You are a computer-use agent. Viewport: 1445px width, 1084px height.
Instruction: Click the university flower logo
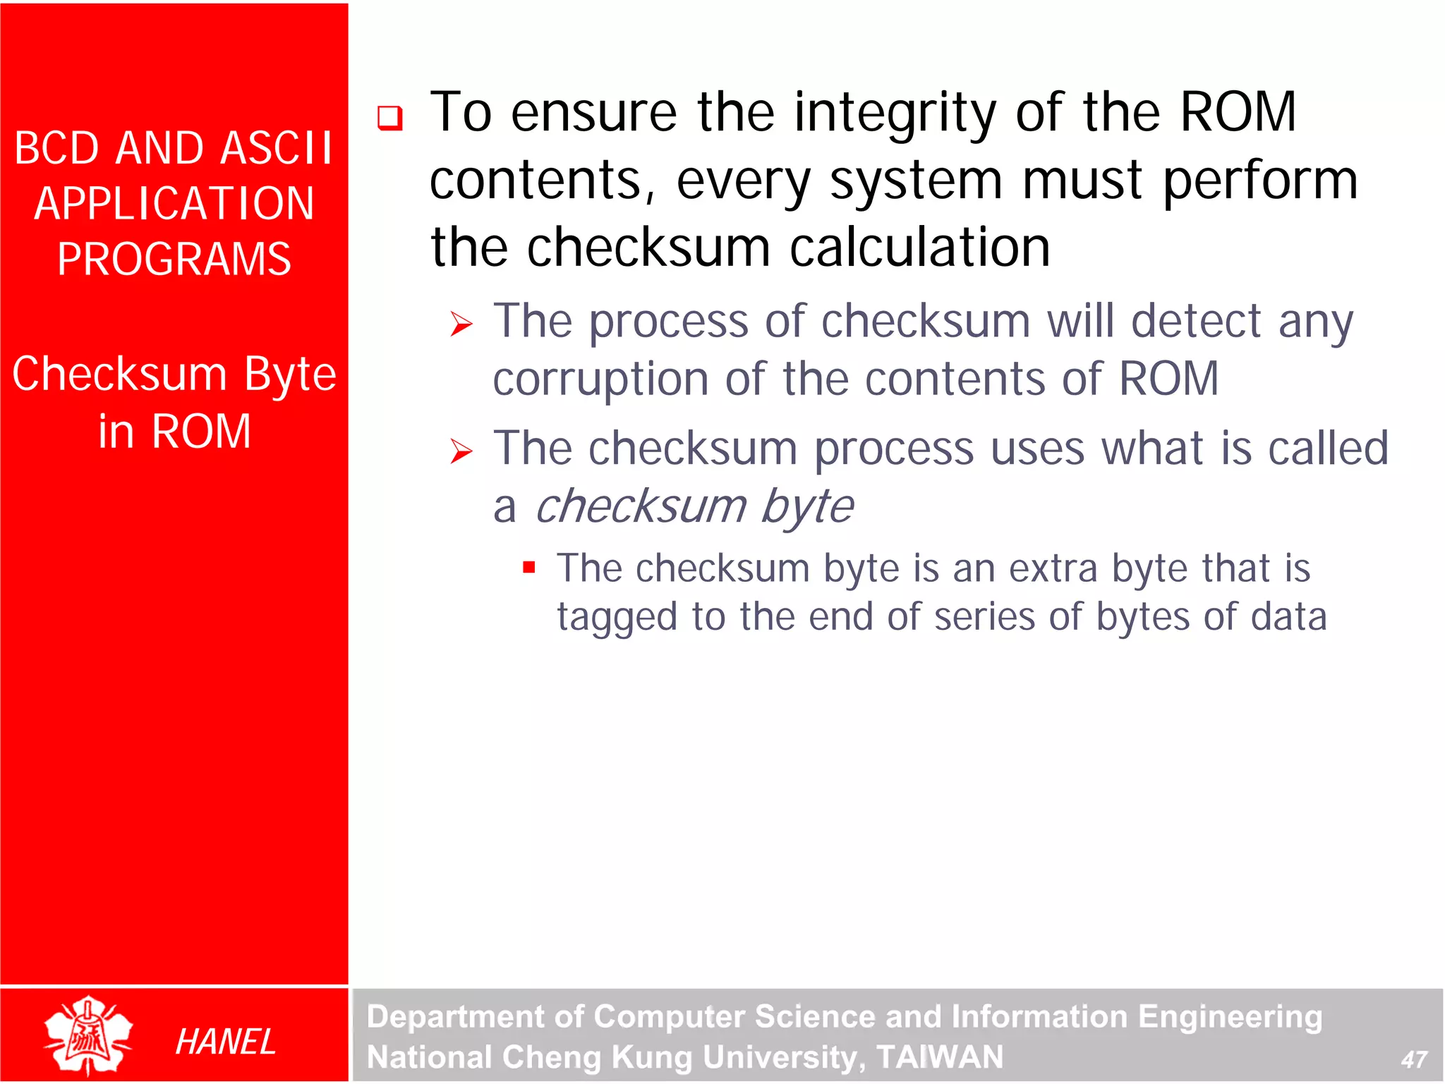87,1035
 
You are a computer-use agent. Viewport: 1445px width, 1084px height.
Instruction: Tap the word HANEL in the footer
224,1042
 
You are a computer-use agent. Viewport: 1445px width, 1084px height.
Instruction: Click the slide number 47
1413,1059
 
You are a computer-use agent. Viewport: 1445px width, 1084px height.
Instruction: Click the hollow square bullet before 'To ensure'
389,117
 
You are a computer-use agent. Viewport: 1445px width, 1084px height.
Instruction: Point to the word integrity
895,113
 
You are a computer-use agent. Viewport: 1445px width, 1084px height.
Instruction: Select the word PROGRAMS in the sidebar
174,259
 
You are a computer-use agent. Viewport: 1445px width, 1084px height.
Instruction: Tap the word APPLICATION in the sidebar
174,204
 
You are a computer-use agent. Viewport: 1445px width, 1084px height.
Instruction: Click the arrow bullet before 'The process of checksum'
461,324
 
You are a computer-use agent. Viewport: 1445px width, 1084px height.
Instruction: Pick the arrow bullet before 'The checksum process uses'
461,451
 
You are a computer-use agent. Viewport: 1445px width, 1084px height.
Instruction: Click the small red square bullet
529,567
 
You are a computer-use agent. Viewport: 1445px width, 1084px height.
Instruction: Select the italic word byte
807,507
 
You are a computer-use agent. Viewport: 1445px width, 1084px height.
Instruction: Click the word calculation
919,248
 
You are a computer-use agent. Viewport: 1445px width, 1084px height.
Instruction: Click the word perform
1259,181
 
